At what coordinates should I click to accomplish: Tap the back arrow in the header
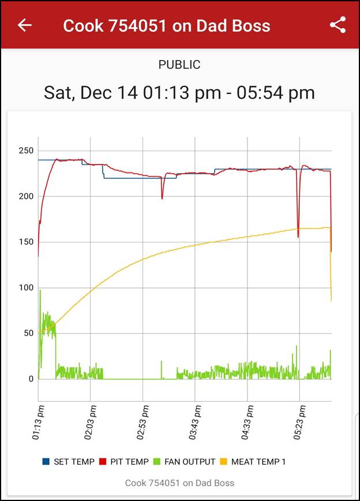click(24, 25)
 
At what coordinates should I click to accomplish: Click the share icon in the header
click(337, 25)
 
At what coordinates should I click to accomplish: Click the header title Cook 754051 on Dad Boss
click(166, 25)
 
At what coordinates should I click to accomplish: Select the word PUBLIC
click(179, 65)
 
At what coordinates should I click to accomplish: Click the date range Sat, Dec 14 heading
click(179, 92)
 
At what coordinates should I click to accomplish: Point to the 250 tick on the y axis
click(25, 151)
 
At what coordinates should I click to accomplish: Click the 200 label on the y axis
click(25, 196)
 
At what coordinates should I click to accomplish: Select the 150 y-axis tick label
click(25, 242)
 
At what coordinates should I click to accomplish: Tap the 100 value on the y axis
click(25, 288)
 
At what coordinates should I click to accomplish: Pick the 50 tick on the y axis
click(27, 334)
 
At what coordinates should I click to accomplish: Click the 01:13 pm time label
click(38, 423)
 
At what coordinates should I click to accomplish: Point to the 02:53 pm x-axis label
click(142, 423)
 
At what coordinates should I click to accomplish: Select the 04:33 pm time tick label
click(247, 423)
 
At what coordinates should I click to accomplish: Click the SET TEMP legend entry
click(69, 462)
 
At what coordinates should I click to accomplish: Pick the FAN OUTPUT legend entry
click(184, 462)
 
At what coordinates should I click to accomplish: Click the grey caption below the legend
click(179, 483)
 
